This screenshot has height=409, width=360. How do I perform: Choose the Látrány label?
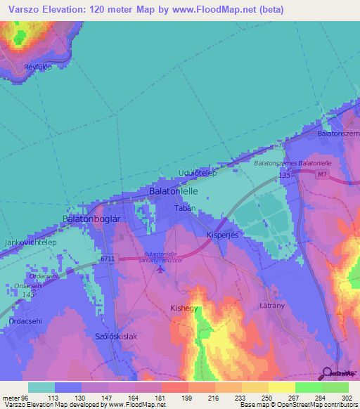(x=283, y=306)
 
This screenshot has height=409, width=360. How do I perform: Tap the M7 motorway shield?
(x=321, y=174)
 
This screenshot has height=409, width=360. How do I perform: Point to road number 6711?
(x=107, y=259)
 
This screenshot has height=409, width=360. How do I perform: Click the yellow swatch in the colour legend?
(x=281, y=387)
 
